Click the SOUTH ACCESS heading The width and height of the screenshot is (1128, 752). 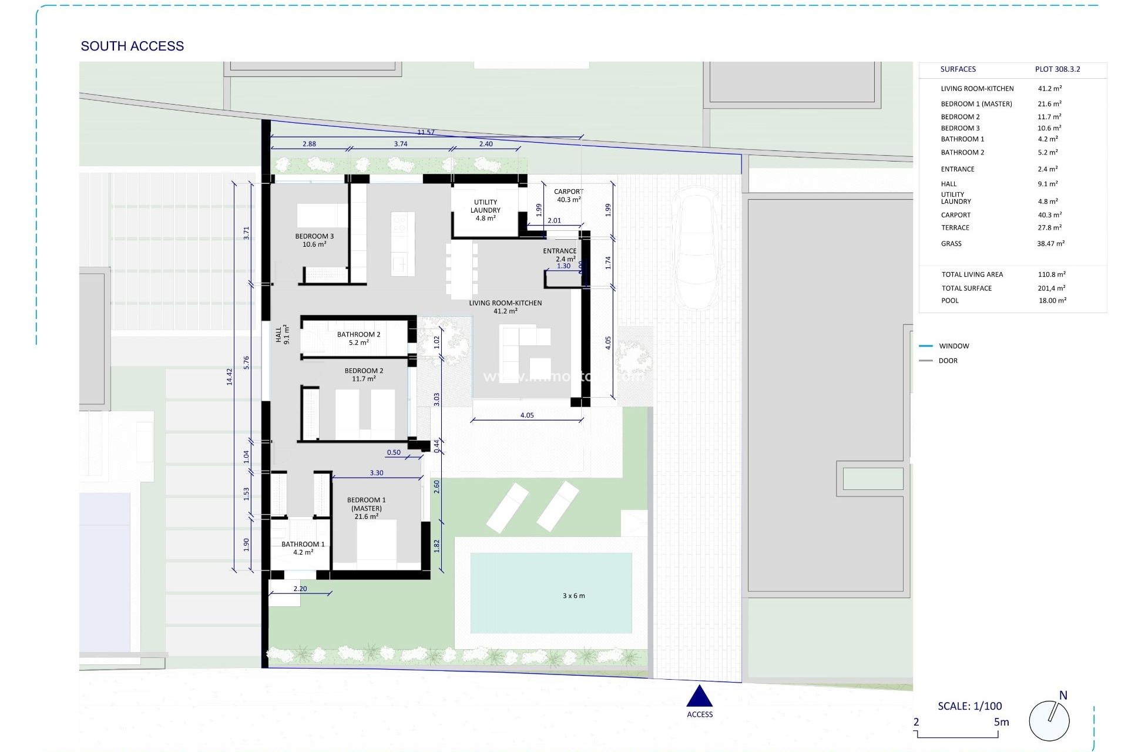[132, 46]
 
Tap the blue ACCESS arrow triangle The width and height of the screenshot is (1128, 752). [699, 697]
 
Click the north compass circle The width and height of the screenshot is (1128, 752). [1049, 720]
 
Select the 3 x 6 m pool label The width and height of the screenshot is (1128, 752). [573, 596]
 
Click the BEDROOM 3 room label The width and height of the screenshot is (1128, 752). [314, 240]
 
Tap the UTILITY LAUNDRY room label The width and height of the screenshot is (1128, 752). [485, 210]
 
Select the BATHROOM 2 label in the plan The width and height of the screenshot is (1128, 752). [358, 338]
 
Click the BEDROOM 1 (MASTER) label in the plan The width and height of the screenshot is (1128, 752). [366, 508]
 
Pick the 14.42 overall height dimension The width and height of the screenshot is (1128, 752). [230, 377]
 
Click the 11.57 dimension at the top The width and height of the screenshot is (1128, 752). [426, 132]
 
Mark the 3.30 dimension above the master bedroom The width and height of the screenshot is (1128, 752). [377, 473]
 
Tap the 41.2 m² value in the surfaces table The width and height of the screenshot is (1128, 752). [1049, 89]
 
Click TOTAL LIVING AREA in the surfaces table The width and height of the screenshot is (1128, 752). [972, 274]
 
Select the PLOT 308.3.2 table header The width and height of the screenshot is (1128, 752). [1057, 69]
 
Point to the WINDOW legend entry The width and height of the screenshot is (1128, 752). [954, 346]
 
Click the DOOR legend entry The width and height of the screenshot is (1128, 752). [948, 361]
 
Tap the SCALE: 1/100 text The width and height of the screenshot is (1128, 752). [969, 706]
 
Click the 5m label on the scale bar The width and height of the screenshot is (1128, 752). [1001, 722]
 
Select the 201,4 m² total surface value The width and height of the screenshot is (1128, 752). [1051, 288]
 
